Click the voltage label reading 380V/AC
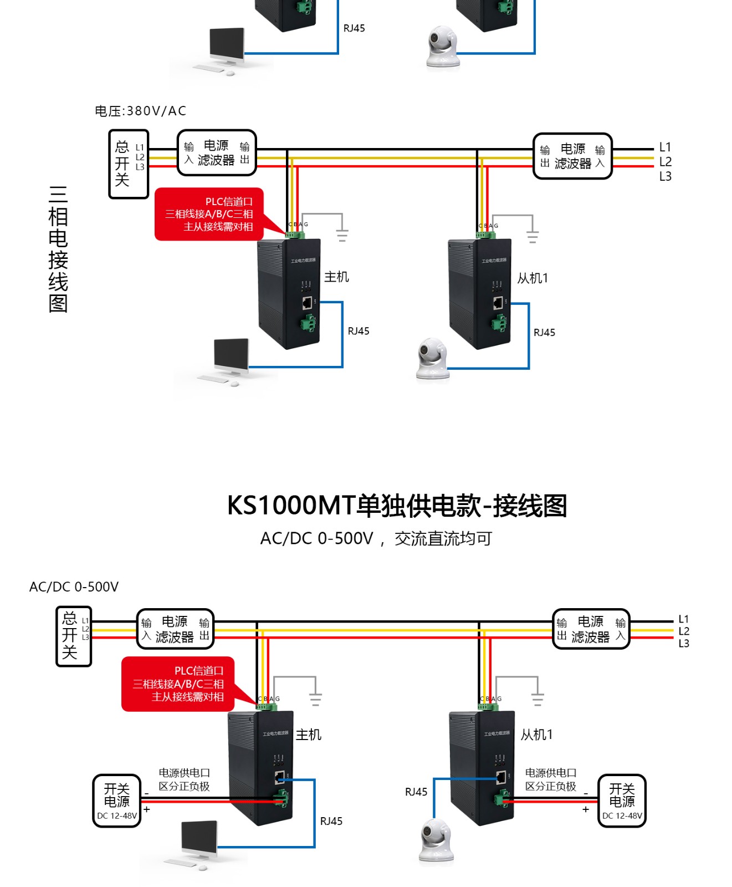pos(140,111)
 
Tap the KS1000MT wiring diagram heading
pos(397,506)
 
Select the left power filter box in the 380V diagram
pos(217,153)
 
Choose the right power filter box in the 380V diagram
pos(572,156)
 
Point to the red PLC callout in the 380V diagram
pos(209,214)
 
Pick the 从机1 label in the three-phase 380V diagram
pos(533,278)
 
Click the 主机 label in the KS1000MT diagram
pos(308,735)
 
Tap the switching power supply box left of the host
pos(117,801)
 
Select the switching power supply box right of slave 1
pos(622,801)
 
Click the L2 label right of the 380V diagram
pos(665,162)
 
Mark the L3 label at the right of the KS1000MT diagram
pos(684,644)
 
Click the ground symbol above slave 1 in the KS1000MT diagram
pos(537,699)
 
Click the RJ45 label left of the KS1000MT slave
pos(416,792)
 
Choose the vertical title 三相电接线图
pos(58,249)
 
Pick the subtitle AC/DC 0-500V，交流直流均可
pos(376,539)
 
